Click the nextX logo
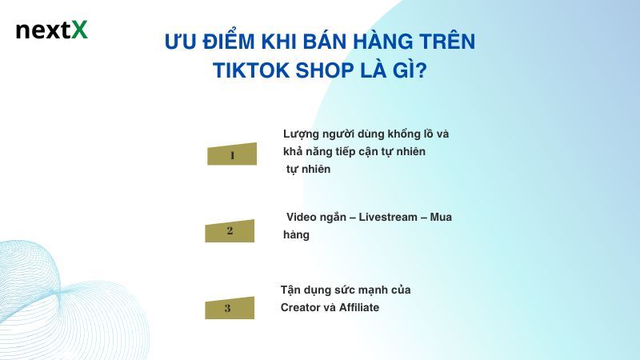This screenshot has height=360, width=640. pyautogui.click(x=51, y=30)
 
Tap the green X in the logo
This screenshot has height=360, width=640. pyautogui.click(x=79, y=30)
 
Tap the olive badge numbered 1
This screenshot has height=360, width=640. pyautogui.click(x=232, y=154)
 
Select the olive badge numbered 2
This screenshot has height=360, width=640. pyautogui.click(x=230, y=231)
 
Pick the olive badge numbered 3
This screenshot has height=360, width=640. pyautogui.click(x=228, y=308)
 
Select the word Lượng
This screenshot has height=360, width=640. pyautogui.click(x=302, y=134)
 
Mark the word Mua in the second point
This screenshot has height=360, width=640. pyautogui.click(x=441, y=218)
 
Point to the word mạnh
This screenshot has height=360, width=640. pyautogui.click(x=368, y=290)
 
